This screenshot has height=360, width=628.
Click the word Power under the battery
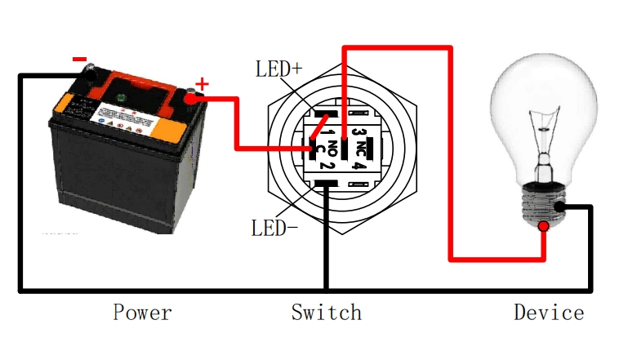point(142,312)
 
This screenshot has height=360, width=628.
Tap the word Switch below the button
point(326,312)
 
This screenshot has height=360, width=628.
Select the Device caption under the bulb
point(549,312)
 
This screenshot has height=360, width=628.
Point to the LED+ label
point(278,69)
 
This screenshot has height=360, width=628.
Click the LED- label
point(274,228)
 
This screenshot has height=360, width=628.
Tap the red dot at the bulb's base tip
point(544,225)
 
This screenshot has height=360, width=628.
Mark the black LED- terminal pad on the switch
point(327,184)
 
